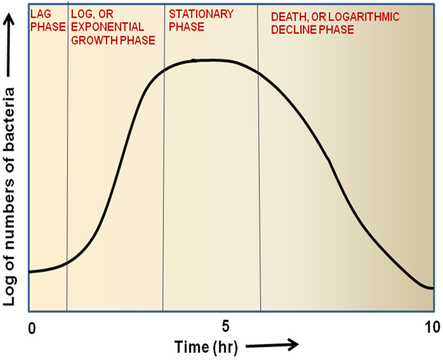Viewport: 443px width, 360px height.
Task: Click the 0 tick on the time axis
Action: click(x=30, y=326)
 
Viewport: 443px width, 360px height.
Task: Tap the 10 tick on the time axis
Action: click(x=432, y=326)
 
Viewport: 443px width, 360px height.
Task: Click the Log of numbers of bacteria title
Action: click(x=11, y=191)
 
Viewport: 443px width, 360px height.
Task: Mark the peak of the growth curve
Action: click(x=197, y=60)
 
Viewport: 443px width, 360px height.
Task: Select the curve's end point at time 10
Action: click(x=432, y=288)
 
